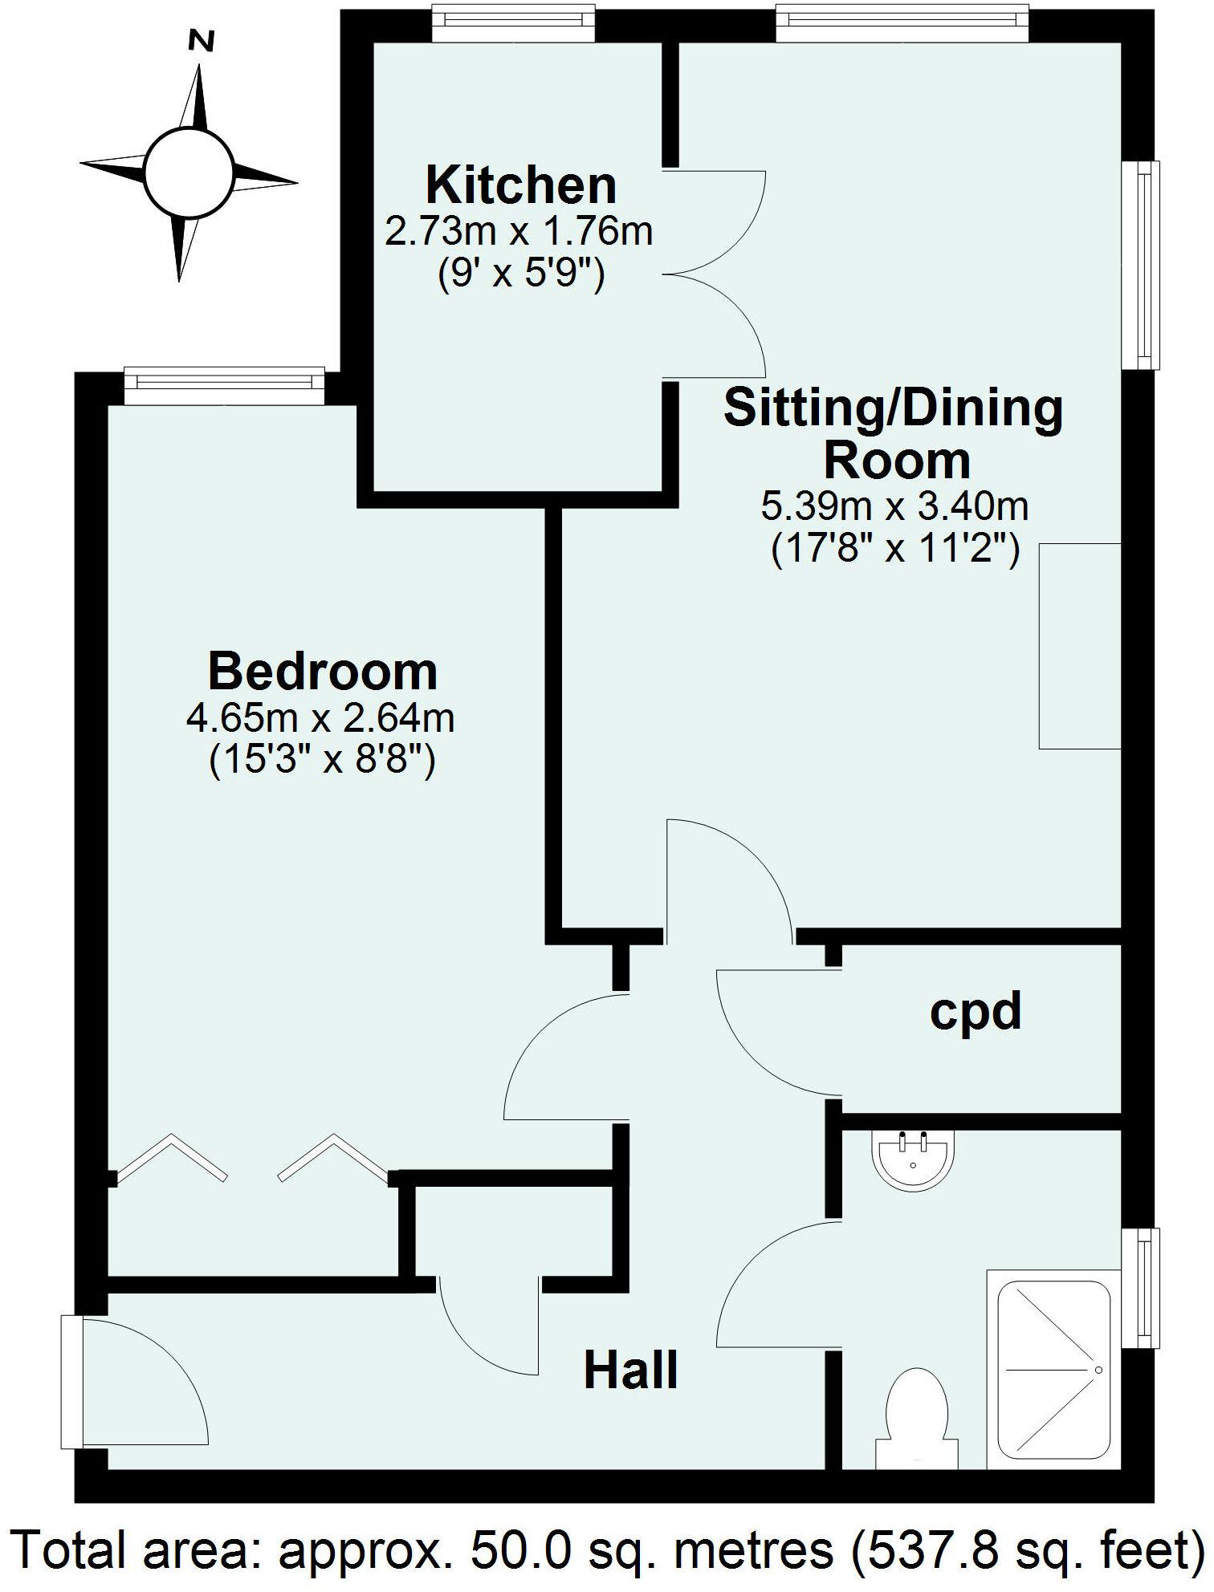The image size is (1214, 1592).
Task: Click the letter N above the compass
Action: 202,41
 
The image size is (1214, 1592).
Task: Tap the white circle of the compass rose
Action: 188,174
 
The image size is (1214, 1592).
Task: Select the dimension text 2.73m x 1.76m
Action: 519,232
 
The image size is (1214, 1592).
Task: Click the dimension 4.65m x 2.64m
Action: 320,717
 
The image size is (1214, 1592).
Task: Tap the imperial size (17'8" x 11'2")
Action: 895,550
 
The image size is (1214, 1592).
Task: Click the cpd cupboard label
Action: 976,1012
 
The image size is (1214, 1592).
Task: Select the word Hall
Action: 630,1370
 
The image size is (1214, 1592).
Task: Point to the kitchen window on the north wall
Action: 514,23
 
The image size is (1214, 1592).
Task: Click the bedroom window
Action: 224,386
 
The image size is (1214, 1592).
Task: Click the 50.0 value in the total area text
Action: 514,1551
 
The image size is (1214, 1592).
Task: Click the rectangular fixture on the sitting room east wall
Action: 1079,646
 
